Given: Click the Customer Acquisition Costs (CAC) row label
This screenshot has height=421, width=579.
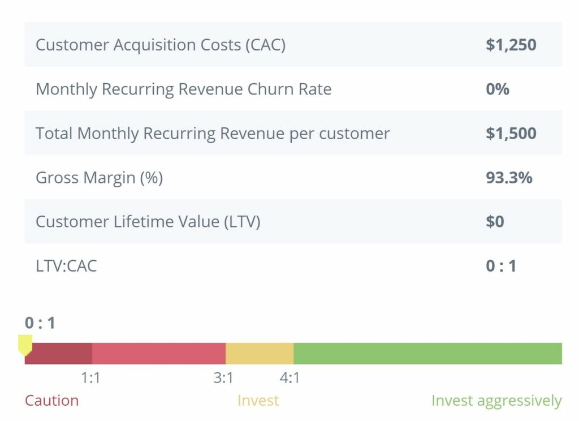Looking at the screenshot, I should click(x=161, y=45).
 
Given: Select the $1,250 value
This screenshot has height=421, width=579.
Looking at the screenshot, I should click(x=511, y=45).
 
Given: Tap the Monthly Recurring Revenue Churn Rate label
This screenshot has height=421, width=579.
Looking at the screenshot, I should click(x=183, y=89).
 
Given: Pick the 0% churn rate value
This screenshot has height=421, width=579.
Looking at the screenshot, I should click(x=498, y=89).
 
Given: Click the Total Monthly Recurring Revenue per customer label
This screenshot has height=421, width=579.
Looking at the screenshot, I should click(x=213, y=134).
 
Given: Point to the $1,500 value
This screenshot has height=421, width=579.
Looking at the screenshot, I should click(x=511, y=134).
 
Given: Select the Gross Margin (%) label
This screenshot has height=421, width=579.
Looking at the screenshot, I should click(x=99, y=178).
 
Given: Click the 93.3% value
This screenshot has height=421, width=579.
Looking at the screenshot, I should click(x=509, y=178).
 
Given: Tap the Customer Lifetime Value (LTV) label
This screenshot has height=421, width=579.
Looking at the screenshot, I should click(x=148, y=222).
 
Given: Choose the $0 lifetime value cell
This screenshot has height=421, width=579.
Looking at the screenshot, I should click(x=495, y=222).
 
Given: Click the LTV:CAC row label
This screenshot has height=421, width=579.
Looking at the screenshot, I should click(x=66, y=266).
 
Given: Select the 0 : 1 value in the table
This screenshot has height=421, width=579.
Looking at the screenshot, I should click(x=501, y=266).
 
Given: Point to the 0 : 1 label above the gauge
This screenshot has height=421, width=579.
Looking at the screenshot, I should click(x=40, y=323).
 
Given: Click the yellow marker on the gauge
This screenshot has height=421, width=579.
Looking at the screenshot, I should click(x=25, y=344).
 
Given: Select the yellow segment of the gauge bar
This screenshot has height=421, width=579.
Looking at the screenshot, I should click(x=260, y=354).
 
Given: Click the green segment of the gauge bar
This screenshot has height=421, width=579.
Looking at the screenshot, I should click(x=427, y=354).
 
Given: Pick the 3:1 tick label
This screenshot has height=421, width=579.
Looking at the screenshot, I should click(x=224, y=377).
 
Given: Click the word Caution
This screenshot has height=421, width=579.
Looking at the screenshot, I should click(x=51, y=401).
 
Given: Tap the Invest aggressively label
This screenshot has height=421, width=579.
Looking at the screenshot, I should click(x=496, y=401).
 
